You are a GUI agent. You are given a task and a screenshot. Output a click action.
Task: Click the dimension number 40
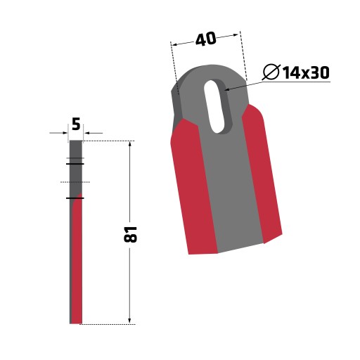pyautogui.click(x=205, y=39)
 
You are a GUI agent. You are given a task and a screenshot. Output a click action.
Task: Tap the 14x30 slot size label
pyautogui.click(x=306, y=72)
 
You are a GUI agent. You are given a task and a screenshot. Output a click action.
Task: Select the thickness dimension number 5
pyautogui.click(x=76, y=124)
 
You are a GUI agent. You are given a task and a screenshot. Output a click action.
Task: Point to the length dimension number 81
pyautogui.click(x=130, y=234)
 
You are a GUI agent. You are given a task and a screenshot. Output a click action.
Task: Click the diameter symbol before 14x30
pyautogui.click(x=271, y=72)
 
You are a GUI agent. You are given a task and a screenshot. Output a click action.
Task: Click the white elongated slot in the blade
pyautogui.click(x=216, y=107)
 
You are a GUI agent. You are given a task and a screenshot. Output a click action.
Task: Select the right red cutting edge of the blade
pyautogui.click(x=262, y=174)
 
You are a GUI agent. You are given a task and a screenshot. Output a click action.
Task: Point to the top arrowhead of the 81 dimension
pyautogui.click(x=130, y=144)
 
